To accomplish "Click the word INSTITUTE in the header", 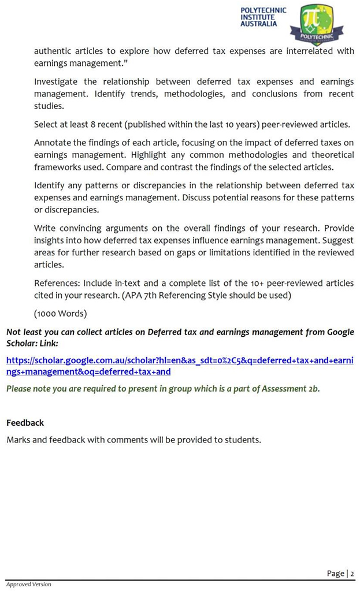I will pyautogui.click(x=258, y=17).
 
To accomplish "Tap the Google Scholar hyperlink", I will pyautogui.click(x=180, y=366).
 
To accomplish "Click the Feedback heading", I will pyautogui.click(x=25, y=423).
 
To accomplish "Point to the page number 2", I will pyautogui.click(x=351, y=573).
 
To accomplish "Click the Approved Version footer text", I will pyautogui.click(x=28, y=584).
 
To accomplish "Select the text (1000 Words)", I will pyautogui.click(x=60, y=314).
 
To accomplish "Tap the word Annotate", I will pyautogui.click(x=53, y=142).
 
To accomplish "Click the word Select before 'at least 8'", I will pyautogui.click(x=47, y=125).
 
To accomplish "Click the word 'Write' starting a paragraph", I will pyautogui.click(x=46, y=228).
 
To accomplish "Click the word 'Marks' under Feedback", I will pyautogui.click(x=18, y=440).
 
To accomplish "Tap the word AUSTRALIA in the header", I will pyautogui.click(x=258, y=24).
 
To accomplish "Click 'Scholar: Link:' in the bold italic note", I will pyautogui.click(x=36, y=343).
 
